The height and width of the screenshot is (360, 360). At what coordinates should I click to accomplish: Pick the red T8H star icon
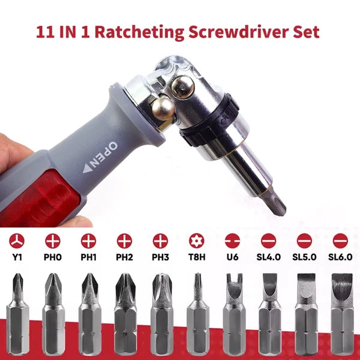pos(196,241)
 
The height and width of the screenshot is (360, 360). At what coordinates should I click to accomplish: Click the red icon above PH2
pos(124,241)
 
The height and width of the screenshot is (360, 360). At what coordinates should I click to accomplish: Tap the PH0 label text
pos(52,257)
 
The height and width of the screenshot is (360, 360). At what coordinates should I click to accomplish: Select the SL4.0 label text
pos(268,257)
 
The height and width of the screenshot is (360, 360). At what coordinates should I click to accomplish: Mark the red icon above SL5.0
pos(304,241)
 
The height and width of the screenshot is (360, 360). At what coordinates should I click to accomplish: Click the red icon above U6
pos(232,241)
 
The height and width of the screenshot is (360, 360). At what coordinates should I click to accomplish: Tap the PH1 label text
pos(88,257)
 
